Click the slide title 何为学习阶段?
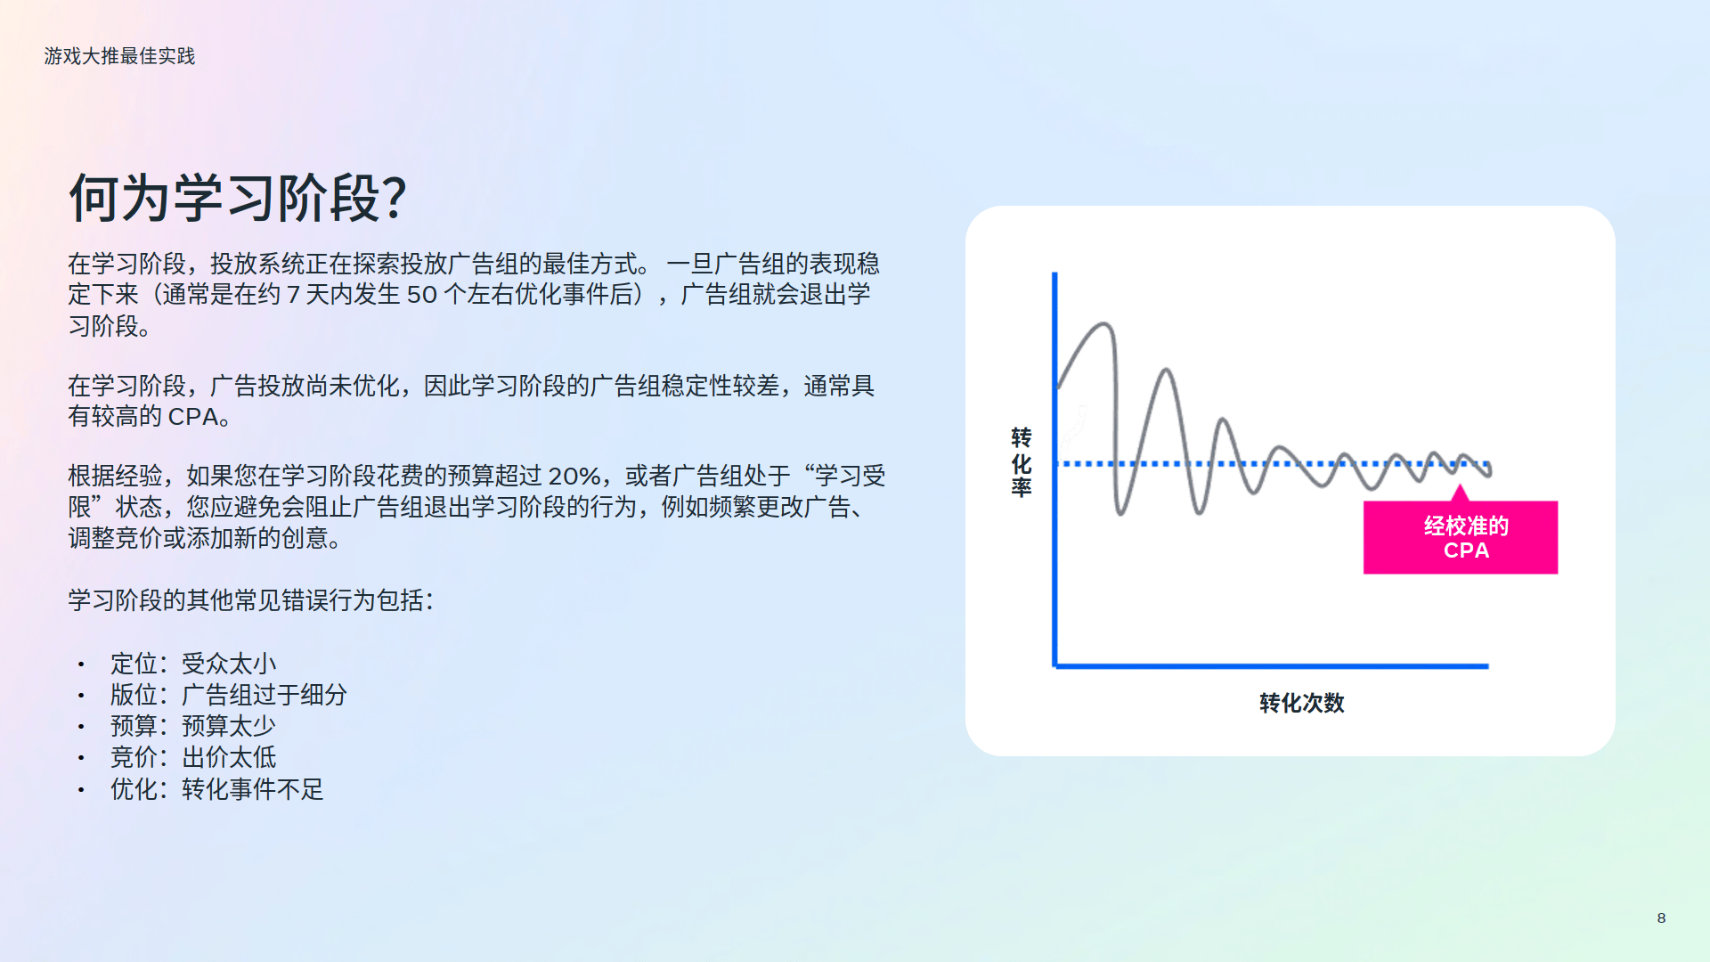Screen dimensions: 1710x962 click(238, 198)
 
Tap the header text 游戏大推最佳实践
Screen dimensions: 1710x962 click(119, 56)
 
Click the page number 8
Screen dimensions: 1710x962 click(1661, 917)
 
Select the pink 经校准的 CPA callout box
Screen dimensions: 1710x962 click(1461, 537)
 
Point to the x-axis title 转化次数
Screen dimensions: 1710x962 click(1301, 703)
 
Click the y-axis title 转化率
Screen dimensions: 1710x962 click(1022, 462)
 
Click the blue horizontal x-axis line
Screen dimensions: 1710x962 click(1271, 665)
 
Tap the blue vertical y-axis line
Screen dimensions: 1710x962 click(1054, 469)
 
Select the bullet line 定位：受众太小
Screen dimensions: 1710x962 click(193, 664)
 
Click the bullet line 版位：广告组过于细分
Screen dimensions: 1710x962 click(229, 695)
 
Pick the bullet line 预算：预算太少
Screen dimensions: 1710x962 click(193, 726)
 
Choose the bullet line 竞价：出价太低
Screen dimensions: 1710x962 click(193, 757)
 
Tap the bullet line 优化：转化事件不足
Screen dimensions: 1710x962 click(217, 789)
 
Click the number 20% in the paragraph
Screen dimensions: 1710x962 click(574, 477)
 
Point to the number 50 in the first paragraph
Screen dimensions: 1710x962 click(421, 295)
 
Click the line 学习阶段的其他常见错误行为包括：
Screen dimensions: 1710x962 click(251, 600)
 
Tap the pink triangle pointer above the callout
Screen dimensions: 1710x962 click(1460, 493)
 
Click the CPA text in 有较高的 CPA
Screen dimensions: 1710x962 click(193, 417)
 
